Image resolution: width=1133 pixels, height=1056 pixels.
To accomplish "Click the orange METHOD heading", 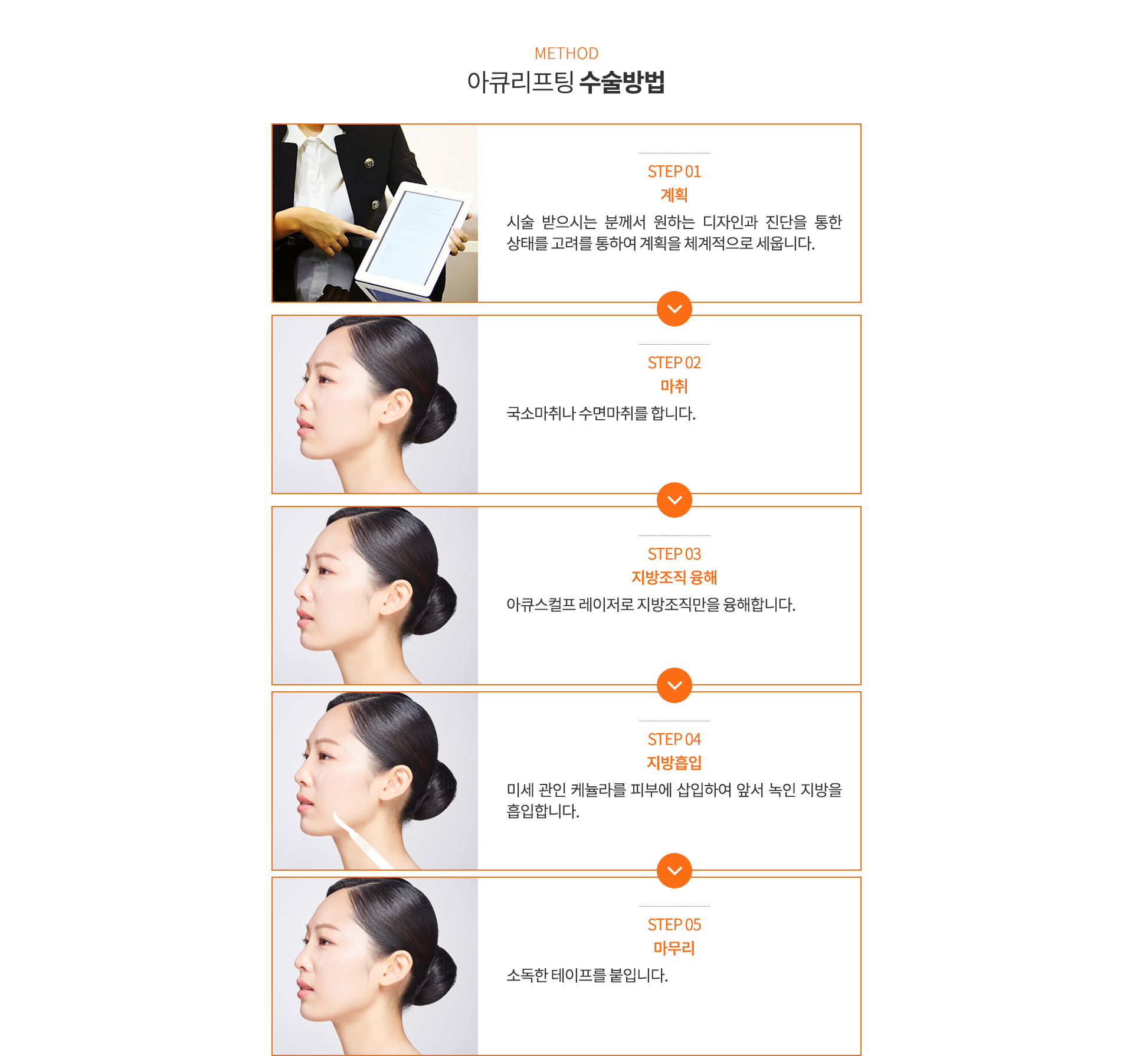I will [x=566, y=53].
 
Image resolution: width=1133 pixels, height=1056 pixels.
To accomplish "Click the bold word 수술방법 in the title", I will [x=622, y=81].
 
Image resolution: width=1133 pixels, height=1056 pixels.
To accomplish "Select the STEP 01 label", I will [x=674, y=172].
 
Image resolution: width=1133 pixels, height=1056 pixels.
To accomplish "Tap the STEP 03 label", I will [x=674, y=554].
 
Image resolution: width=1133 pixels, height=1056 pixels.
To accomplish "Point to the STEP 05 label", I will [x=674, y=925].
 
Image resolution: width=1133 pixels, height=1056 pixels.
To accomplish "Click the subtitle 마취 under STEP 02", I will [x=674, y=386].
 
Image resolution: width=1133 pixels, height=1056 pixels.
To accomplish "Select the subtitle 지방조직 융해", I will [x=674, y=577].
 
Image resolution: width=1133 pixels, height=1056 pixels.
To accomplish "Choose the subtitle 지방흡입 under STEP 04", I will [x=674, y=763].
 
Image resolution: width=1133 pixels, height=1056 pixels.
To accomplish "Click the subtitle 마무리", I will [x=674, y=948].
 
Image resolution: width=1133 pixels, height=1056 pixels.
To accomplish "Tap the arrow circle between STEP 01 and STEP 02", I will [x=674, y=309].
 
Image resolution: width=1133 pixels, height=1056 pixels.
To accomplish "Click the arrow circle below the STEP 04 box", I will [x=674, y=871].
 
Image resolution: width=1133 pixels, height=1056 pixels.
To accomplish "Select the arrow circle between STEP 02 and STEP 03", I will [x=674, y=500].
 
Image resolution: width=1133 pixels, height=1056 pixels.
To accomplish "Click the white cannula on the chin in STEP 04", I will [x=360, y=841].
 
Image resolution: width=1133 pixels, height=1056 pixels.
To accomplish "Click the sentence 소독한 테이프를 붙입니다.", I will [x=587, y=975].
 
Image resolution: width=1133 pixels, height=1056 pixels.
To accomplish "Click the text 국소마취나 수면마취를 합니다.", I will [x=601, y=413].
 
